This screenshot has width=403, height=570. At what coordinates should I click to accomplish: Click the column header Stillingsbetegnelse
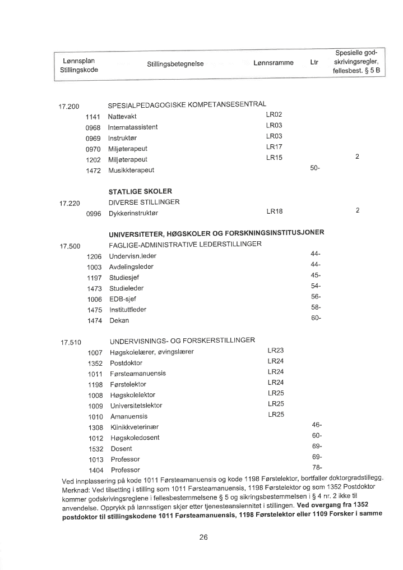pyautogui.click(x=175, y=65)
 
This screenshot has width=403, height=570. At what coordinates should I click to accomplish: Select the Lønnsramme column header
pyautogui.click(x=274, y=63)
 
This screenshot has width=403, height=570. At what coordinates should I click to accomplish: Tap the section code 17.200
pyautogui.click(x=69, y=106)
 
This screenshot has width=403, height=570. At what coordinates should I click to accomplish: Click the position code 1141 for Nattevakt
pyautogui.click(x=92, y=116)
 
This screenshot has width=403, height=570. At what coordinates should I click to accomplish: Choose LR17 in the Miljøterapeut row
pyautogui.click(x=274, y=147)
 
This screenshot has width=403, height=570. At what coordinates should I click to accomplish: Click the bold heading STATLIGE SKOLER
pyautogui.click(x=140, y=191)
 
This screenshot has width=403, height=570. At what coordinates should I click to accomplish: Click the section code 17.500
pyautogui.click(x=70, y=246)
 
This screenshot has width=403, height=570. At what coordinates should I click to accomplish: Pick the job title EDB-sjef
pyautogui.click(x=123, y=299)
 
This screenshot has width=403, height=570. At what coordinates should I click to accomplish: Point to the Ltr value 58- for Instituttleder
pyautogui.click(x=315, y=307)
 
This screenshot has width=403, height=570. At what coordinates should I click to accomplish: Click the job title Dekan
pyautogui.click(x=119, y=320)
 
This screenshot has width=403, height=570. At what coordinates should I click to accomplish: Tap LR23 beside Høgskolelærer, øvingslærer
pyautogui.click(x=276, y=351)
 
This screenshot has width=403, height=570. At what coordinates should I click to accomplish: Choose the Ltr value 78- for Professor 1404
pyautogui.click(x=316, y=468)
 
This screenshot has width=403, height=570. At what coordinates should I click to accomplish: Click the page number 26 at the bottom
pyautogui.click(x=203, y=537)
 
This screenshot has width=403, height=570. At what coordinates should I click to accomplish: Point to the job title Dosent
pyautogui.click(x=121, y=448)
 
